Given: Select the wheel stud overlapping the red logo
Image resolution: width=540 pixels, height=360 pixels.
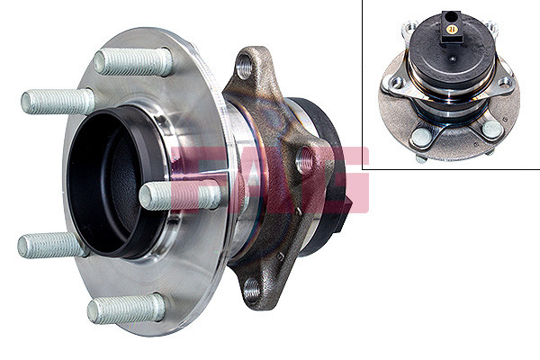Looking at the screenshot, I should pyautogui.click(x=180, y=195).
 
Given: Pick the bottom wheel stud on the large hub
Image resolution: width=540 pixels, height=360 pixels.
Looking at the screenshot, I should pyautogui.click(x=126, y=309).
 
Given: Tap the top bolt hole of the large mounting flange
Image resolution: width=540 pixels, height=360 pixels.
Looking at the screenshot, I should pyautogui.click(x=245, y=67).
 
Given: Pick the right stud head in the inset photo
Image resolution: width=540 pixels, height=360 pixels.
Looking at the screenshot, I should pyautogui.click(x=491, y=130).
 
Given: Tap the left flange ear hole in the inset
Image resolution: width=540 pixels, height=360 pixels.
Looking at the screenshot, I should pyautogui.click(x=392, y=83).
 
